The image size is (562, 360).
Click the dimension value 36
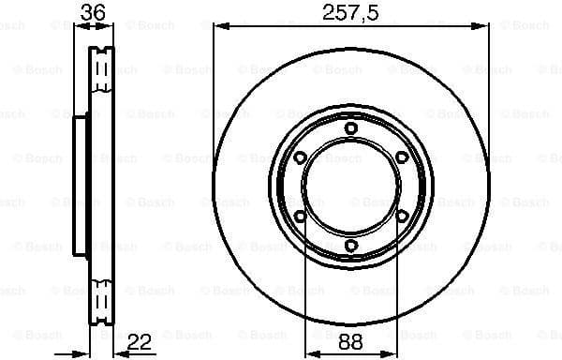point(91,12)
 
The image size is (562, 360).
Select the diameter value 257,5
point(351,12)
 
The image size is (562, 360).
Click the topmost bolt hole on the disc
point(350,129)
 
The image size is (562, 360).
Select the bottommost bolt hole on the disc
point(350,246)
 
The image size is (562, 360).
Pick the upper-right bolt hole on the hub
point(401,157)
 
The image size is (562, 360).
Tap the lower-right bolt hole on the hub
point(401,217)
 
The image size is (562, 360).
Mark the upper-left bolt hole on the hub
point(300,157)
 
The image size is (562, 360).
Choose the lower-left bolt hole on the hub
point(300,217)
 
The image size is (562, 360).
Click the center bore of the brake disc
point(350,187)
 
